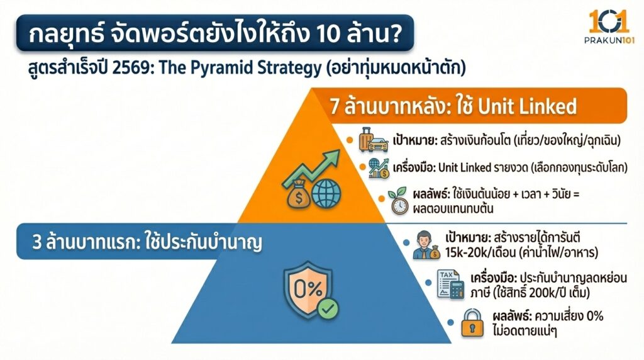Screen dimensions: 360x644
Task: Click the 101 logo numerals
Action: (x=608, y=21)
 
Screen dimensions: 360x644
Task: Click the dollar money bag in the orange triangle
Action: (x=297, y=196)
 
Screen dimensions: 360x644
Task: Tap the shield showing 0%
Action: (x=308, y=290)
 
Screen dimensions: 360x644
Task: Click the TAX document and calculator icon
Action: (x=448, y=284)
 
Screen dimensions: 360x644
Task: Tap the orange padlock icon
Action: (x=472, y=322)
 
